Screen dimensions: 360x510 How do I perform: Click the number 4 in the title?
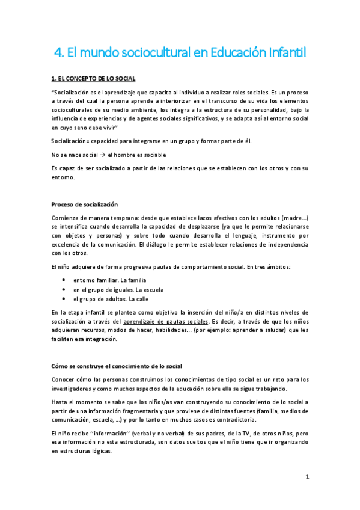(x=57, y=53)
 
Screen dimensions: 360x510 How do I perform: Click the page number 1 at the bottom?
(x=307, y=477)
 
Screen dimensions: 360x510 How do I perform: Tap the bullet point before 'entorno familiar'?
(x=64, y=280)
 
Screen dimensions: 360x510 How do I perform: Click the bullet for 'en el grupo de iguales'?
(x=64, y=289)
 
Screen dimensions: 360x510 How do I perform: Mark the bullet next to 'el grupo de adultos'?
(x=64, y=299)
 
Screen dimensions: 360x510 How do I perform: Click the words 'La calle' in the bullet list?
(x=136, y=299)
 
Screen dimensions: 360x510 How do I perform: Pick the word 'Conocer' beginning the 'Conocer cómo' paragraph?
(x=64, y=379)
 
